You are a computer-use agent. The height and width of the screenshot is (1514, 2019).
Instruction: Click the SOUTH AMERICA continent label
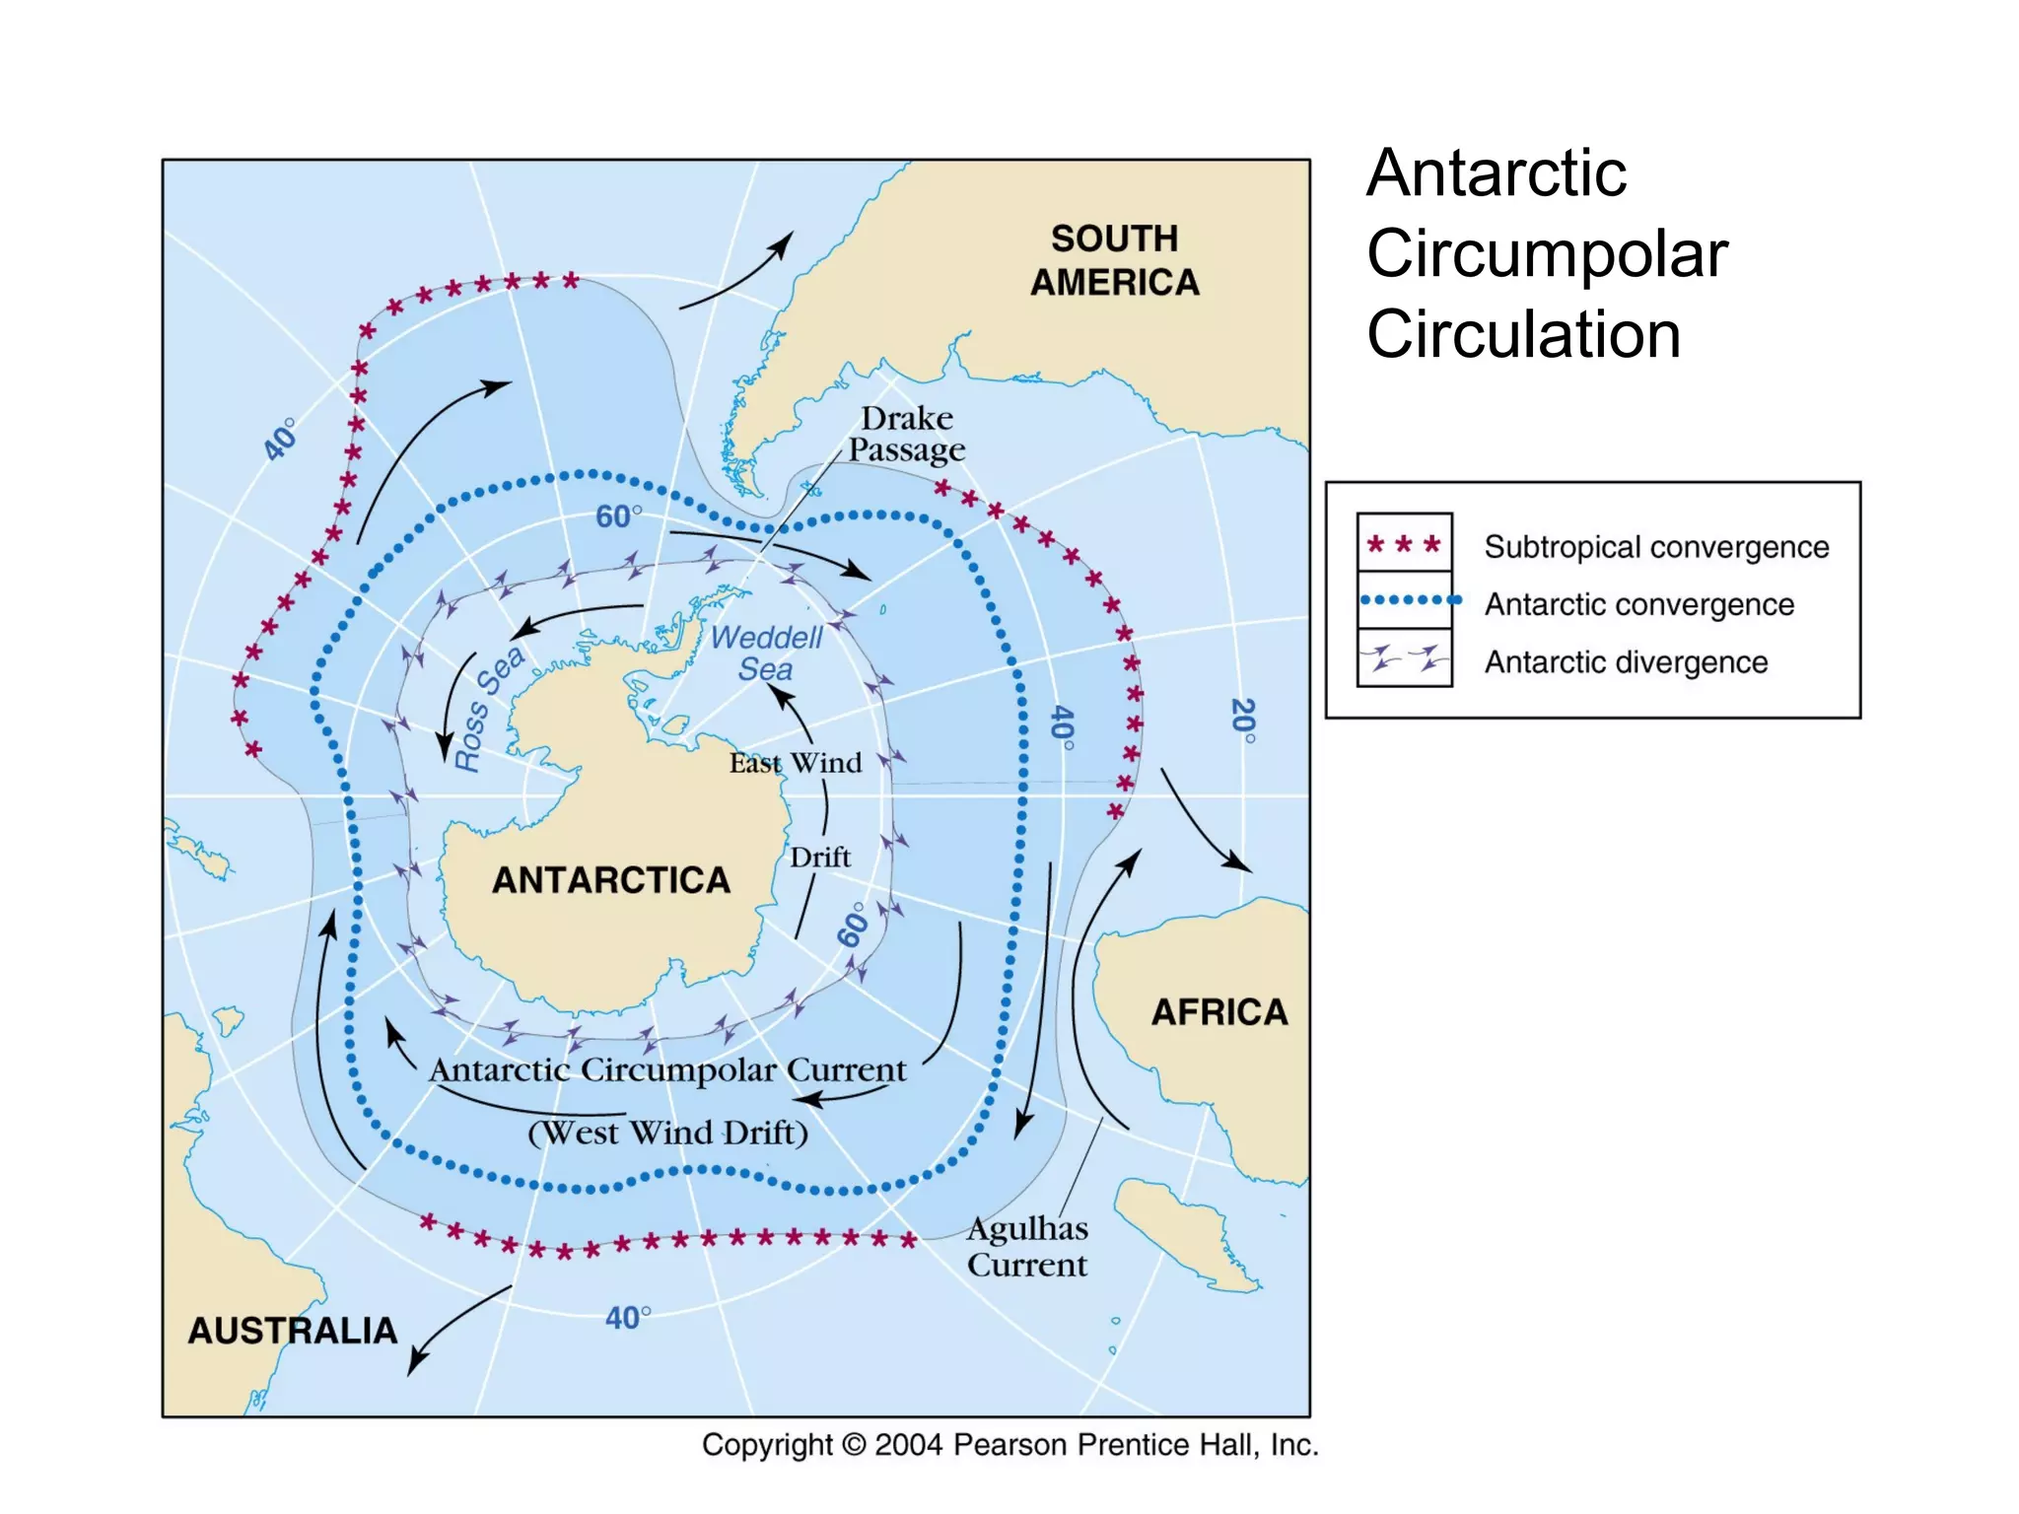pos(1115,260)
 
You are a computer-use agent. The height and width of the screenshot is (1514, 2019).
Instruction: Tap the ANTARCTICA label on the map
pos(611,880)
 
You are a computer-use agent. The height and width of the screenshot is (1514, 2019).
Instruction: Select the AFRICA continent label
pos(1219,1012)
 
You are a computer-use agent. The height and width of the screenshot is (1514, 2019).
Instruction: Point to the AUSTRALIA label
pos(293,1331)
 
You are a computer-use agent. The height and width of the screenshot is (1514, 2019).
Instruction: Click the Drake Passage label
pos(907,434)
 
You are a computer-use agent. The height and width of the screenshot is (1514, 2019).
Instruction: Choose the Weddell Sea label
pos(766,653)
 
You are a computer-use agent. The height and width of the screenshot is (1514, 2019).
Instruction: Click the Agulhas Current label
pos(1027,1247)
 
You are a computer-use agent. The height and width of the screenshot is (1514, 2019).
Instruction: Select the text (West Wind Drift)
pos(667,1133)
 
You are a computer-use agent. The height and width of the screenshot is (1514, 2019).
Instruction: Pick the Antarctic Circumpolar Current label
pos(667,1070)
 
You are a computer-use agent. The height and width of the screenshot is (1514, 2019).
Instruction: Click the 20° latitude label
pos(1244,721)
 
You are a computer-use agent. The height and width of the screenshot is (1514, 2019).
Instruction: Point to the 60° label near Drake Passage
pos(618,516)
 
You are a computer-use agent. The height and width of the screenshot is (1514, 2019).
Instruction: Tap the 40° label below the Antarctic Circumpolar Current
pos(628,1318)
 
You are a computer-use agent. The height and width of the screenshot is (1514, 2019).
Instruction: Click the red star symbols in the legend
pos(1404,544)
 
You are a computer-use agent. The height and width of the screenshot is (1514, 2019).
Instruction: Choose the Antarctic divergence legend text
pos(1626,662)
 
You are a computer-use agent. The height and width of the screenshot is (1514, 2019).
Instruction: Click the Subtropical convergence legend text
pos(1656,547)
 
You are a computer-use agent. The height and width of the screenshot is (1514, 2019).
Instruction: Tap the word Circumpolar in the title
pos(1547,254)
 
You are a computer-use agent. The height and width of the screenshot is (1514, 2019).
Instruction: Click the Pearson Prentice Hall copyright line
pos(1009,1445)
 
